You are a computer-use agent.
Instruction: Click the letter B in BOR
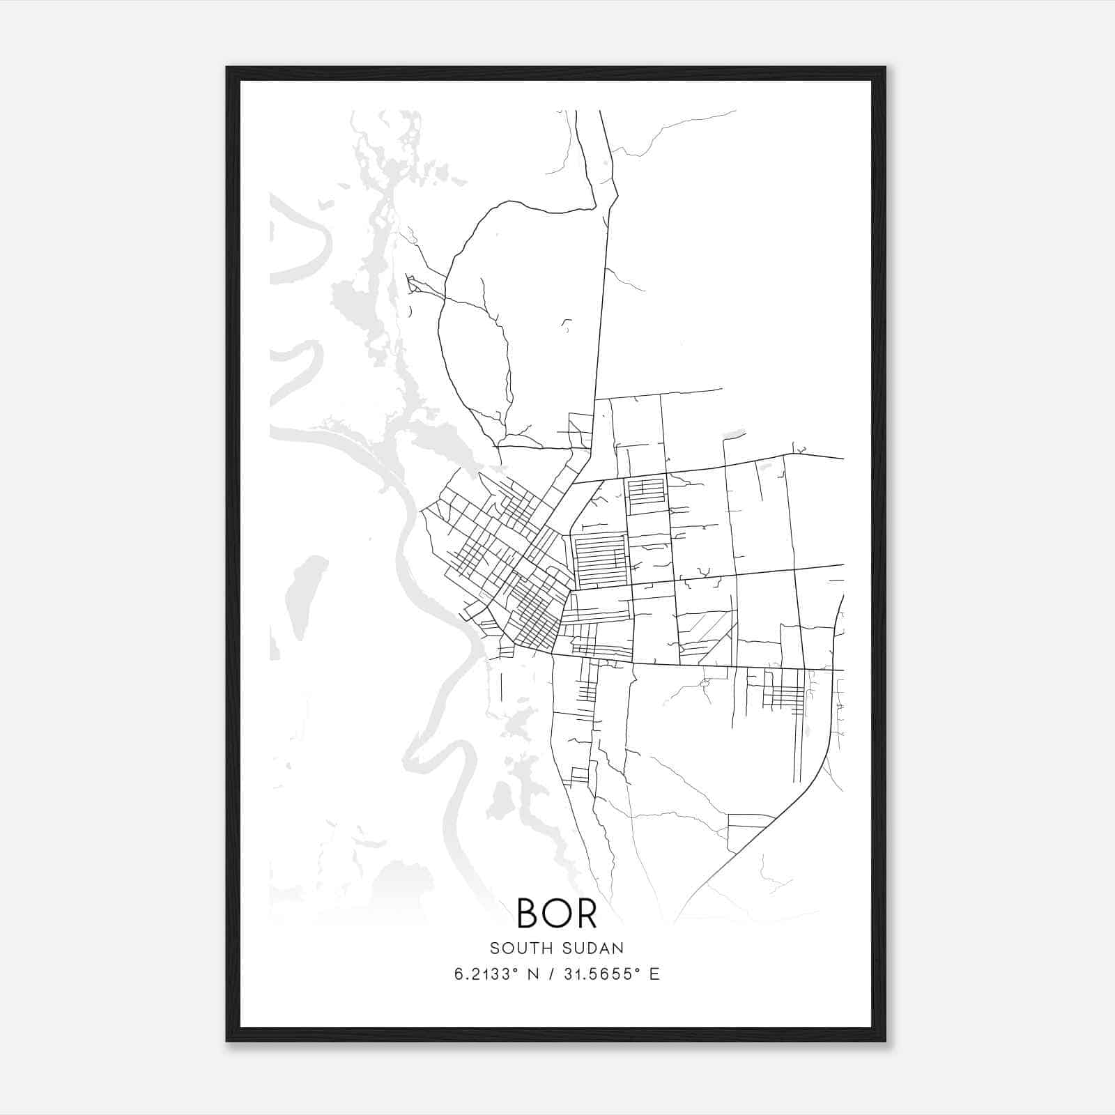tap(528, 914)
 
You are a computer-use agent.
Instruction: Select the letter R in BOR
tap(586, 914)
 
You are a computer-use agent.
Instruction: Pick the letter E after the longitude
tap(654, 974)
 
